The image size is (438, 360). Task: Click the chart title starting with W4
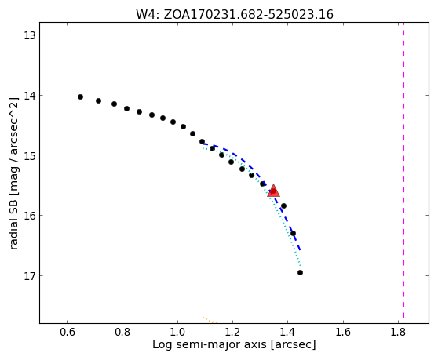click(235, 15)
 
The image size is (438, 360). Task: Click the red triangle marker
click(273, 191)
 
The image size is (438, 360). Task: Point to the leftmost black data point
click(80, 96)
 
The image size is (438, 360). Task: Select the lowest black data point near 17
click(300, 272)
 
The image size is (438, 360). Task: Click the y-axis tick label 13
click(29, 35)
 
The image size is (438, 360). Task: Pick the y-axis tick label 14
click(29, 96)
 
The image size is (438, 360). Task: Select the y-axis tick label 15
click(29, 155)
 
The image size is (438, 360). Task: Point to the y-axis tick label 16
click(29, 216)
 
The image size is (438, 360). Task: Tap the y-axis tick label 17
click(29, 276)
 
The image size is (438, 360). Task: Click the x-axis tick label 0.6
click(67, 333)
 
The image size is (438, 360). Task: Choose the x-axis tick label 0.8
click(122, 333)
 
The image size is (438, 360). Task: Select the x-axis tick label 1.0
click(177, 333)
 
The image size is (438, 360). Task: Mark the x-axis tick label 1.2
click(232, 333)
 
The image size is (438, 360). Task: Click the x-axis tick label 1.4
click(287, 333)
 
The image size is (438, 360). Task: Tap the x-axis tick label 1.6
click(343, 333)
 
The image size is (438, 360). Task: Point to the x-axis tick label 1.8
click(398, 333)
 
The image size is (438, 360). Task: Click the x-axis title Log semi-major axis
click(210, 345)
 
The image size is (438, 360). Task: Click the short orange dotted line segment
click(209, 320)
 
